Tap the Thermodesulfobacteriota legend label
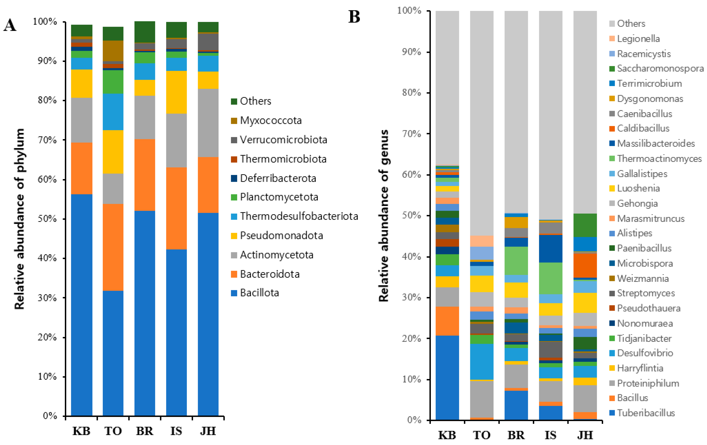pos(299,216)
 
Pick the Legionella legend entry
pos(638,39)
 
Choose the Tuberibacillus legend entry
pos(646,413)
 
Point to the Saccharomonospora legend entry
pos(660,68)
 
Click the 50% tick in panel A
pos(47,219)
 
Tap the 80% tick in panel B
pos(411,93)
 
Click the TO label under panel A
pos(113,431)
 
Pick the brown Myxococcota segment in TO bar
pos(113,51)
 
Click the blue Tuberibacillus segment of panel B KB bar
pos(447,377)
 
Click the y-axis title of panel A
pos(19,219)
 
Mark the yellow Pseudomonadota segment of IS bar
pos(176,92)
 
